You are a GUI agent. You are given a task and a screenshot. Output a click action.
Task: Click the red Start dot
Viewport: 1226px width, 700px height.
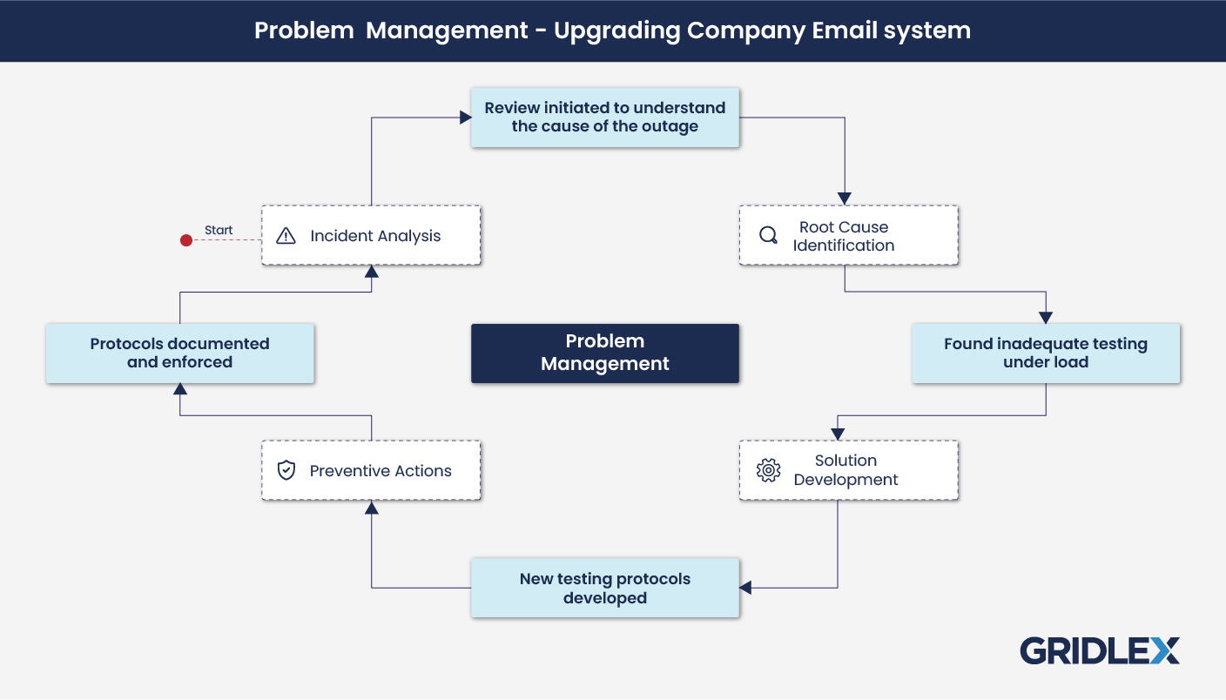click(x=185, y=240)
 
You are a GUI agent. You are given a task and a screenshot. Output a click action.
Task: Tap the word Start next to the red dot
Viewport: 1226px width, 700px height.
click(x=219, y=231)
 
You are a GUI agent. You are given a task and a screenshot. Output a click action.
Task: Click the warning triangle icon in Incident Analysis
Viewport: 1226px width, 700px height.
click(x=286, y=236)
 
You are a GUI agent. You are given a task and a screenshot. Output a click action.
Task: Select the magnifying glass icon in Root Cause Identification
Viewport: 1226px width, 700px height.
click(x=768, y=235)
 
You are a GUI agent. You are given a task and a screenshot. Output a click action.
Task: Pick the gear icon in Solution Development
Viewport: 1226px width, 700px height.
click(x=768, y=470)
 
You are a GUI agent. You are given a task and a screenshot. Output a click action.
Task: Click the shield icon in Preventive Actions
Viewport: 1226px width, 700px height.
click(x=286, y=471)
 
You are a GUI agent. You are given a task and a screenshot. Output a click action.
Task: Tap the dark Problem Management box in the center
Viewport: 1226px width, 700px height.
click(x=604, y=353)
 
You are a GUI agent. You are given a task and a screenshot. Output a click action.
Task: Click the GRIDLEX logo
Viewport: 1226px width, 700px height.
click(x=1099, y=651)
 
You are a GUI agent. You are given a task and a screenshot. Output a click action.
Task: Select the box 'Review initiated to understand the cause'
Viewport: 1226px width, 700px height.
click(x=604, y=118)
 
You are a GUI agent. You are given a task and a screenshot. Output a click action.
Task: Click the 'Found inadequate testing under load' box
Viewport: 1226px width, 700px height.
click(x=1045, y=353)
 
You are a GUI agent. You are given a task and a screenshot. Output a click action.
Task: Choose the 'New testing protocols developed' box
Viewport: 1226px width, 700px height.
click(x=604, y=589)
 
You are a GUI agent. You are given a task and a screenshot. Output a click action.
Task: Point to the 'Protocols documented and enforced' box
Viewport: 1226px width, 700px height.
click(x=179, y=353)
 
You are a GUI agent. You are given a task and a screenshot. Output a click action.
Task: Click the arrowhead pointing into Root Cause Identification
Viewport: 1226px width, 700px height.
click(x=844, y=199)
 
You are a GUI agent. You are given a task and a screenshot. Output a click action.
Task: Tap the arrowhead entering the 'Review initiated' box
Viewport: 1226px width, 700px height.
click(x=465, y=118)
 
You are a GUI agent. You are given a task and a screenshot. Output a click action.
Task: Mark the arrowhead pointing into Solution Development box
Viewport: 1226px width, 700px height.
click(x=838, y=434)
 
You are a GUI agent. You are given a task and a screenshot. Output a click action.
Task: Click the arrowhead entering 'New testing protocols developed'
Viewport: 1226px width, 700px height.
click(x=746, y=588)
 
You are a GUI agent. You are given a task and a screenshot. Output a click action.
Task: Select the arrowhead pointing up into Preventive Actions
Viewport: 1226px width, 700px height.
click(x=372, y=507)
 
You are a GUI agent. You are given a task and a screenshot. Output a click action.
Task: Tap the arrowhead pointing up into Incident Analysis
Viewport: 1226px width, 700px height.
click(x=372, y=272)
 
